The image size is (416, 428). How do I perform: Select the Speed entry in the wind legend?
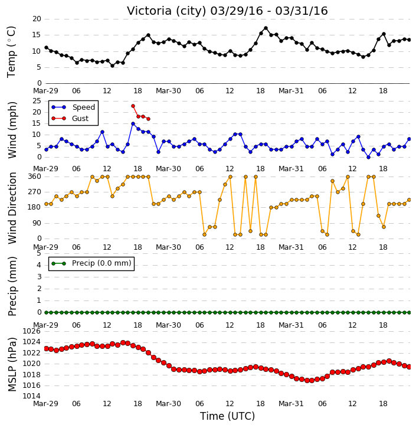pyautogui.click(x=73, y=107)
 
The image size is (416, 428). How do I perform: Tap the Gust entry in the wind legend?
pyautogui.click(x=70, y=119)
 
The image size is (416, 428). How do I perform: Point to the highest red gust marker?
pyautogui.click(x=133, y=106)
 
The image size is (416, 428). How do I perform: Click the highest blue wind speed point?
pyautogui.click(x=133, y=123)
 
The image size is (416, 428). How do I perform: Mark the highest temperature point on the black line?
pyautogui.click(x=266, y=28)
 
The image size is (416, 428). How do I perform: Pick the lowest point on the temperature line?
pyautogui.click(x=112, y=66)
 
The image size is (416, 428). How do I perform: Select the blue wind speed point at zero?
pyautogui.click(x=369, y=157)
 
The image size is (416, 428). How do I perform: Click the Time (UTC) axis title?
pyautogui.click(x=228, y=416)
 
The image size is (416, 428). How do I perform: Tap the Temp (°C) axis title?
pyautogui.click(x=11, y=52)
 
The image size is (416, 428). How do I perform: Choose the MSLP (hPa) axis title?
pyautogui.click(x=12, y=364)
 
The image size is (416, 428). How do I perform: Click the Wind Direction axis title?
pyautogui.click(x=12, y=208)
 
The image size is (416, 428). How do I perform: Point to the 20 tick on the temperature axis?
pyautogui.click(x=37, y=19)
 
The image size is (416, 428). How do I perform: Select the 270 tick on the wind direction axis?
pyautogui.click(x=35, y=192)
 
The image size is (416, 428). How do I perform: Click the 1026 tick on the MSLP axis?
pyautogui.click(x=32, y=331)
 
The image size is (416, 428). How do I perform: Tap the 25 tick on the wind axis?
pyautogui.click(x=37, y=101)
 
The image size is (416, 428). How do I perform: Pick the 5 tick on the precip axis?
pyautogui.click(x=39, y=253)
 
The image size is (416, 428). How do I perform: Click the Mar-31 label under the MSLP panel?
pyautogui.click(x=291, y=403)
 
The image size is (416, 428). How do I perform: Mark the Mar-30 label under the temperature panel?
pyautogui.click(x=168, y=91)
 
